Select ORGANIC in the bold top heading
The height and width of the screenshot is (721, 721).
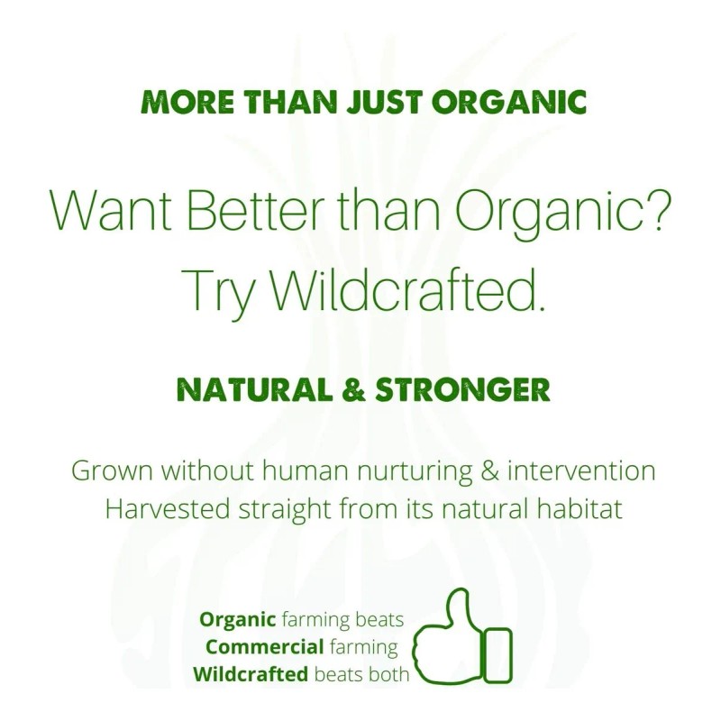pos(509,101)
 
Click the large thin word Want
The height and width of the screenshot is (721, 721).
pos(111,212)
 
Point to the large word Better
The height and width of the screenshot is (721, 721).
pos(257,212)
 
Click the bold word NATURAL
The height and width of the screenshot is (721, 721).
pos(254,390)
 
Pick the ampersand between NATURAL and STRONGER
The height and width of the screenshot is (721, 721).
pos(353,390)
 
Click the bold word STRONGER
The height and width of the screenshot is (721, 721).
pos(462,390)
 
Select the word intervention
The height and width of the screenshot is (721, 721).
pos(581,470)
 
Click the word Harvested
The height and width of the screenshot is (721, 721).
pos(168,509)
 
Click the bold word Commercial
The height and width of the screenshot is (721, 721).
pos(264,647)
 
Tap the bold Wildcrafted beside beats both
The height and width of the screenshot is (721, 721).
pos(251,674)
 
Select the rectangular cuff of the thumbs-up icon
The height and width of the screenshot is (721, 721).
pos(497,655)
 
